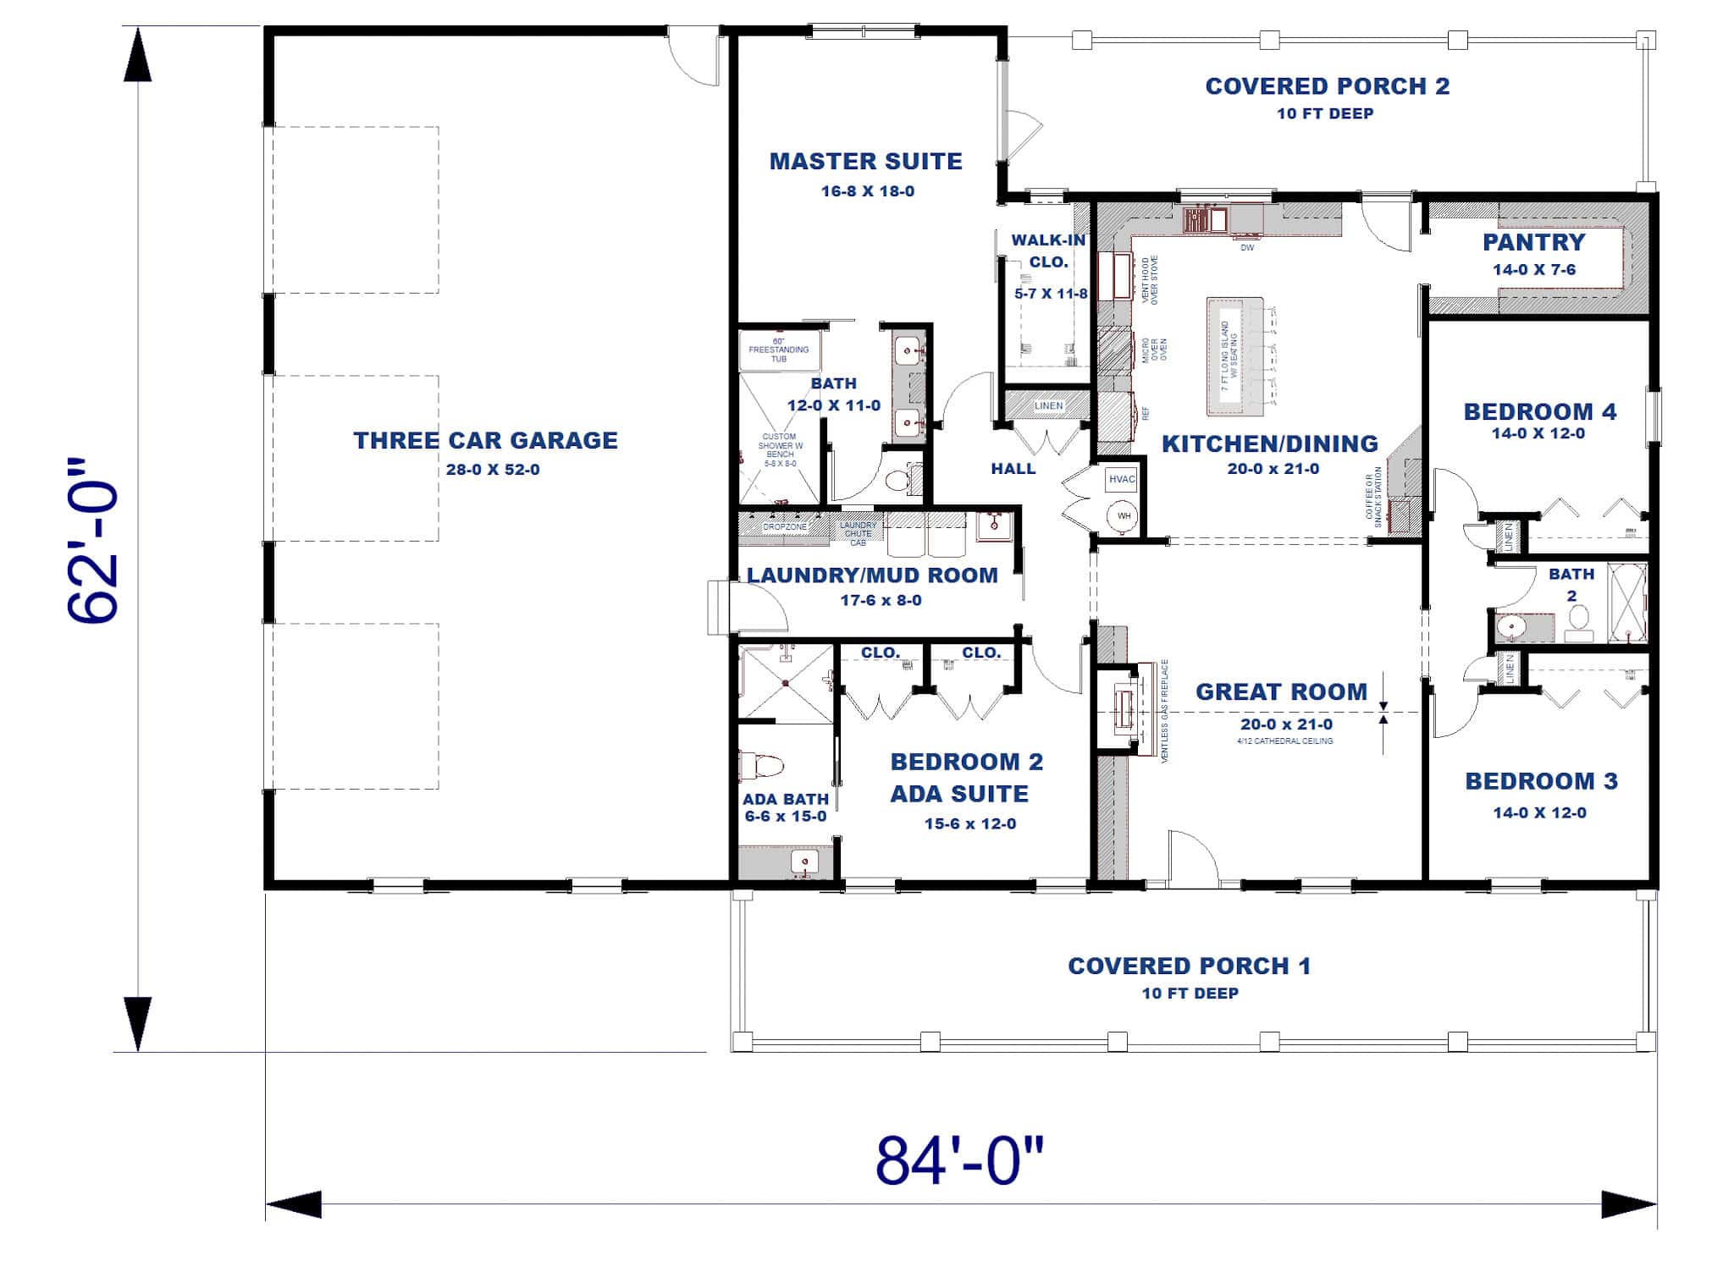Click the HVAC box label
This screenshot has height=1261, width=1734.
(1122, 479)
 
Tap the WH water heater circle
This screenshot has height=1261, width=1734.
(1124, 515)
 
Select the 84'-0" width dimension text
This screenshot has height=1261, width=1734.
(959, 1160)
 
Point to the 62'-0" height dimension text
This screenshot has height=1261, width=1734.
(92, 542)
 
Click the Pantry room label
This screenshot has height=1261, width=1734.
(1533, 243)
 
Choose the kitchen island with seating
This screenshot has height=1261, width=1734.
(1234, 355)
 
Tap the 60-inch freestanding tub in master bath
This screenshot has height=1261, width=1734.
(779, 350)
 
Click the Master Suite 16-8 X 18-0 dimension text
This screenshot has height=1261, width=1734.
(867, 191)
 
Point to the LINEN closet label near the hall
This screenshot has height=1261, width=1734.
(1048, 406)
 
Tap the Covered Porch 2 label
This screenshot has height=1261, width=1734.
(1327, 86)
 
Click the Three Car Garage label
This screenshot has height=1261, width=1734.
(485, 440)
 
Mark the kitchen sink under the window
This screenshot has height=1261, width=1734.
(1206, 220)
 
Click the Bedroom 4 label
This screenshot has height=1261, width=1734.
(1539, 412)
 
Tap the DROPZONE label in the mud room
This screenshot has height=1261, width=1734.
(785, 527)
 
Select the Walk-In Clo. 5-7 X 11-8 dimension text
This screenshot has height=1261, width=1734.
(1051, 295)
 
